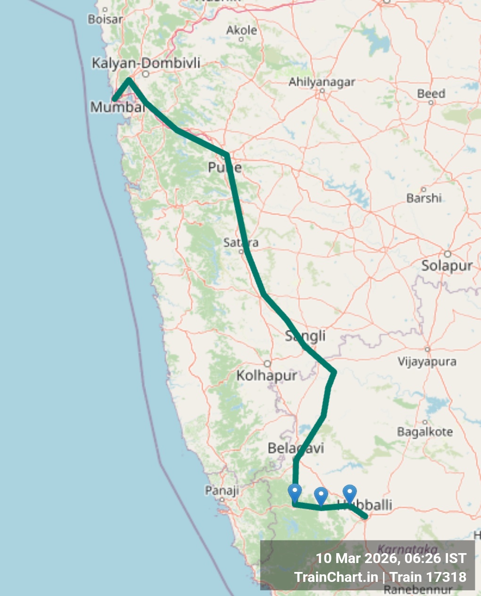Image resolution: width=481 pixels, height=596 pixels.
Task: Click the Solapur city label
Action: [447, 266]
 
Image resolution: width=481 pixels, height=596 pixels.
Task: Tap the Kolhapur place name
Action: [267, 376]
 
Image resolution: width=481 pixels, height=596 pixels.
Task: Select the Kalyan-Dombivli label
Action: [146, 63]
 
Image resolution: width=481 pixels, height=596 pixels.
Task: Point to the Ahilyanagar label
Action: [322, 82]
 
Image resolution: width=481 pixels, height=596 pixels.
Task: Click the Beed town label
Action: [431, 94]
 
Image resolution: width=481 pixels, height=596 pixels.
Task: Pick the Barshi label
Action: [424, 198]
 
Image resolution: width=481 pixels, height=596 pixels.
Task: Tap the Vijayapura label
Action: [427, 361]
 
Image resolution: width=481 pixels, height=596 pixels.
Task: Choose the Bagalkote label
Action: [424, 432]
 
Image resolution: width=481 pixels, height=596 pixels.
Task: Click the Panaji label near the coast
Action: [222, 490]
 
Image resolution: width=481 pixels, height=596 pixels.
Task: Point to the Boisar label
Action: [105, 19]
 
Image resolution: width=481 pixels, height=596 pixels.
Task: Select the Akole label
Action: [241, 30]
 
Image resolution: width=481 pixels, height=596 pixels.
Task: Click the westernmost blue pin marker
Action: [295, 492]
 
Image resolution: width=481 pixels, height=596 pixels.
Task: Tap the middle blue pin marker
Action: [321, 496]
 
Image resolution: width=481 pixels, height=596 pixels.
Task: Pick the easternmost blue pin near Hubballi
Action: [349, 493]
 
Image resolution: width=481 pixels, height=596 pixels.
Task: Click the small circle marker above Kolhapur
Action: [267, 364]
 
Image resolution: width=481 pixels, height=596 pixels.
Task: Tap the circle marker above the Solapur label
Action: [447, 254]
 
